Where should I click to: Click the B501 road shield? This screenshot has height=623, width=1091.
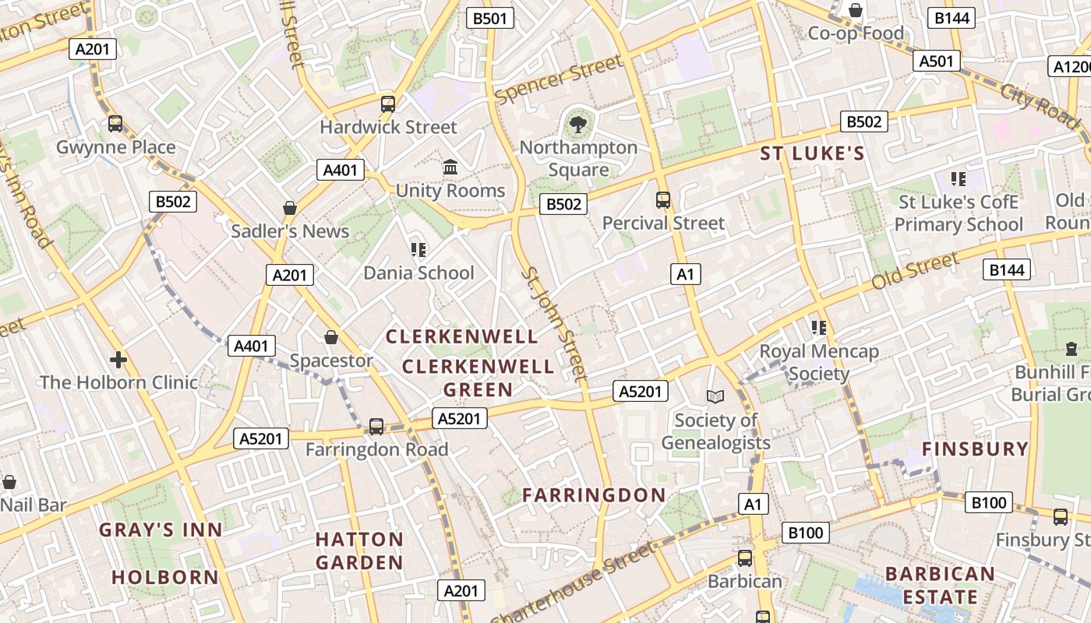490,18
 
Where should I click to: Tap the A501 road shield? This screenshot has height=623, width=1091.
937,61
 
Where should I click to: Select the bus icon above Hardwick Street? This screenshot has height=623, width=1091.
388,104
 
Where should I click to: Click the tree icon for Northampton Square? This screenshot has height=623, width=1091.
578,124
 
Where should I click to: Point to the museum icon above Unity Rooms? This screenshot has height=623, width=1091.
450,167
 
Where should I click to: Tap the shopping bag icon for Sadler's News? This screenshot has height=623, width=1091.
290,208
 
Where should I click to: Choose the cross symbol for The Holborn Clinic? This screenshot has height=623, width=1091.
118,360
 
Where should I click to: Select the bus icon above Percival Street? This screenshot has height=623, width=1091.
663,200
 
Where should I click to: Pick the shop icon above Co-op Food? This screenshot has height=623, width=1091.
856,10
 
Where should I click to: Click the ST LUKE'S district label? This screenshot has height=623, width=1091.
812,153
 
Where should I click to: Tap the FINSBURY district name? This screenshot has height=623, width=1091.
975,449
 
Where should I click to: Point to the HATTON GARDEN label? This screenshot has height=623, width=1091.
359,551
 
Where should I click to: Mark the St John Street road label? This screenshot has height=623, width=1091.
553,325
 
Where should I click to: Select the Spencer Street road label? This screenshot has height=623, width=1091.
559,79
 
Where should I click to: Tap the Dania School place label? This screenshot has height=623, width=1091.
418,273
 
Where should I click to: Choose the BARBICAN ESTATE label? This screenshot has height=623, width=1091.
940,586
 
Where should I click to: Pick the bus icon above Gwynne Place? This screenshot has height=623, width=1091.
115,123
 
